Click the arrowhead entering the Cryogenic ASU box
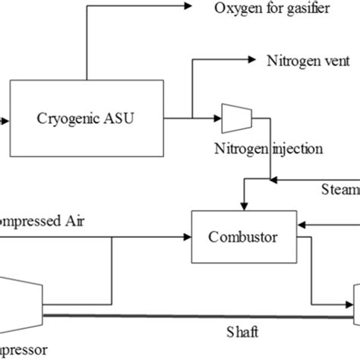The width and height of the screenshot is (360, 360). click(5, 118)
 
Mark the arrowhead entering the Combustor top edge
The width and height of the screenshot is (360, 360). click(242, 205)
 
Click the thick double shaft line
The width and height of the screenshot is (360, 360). click(190, 315)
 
